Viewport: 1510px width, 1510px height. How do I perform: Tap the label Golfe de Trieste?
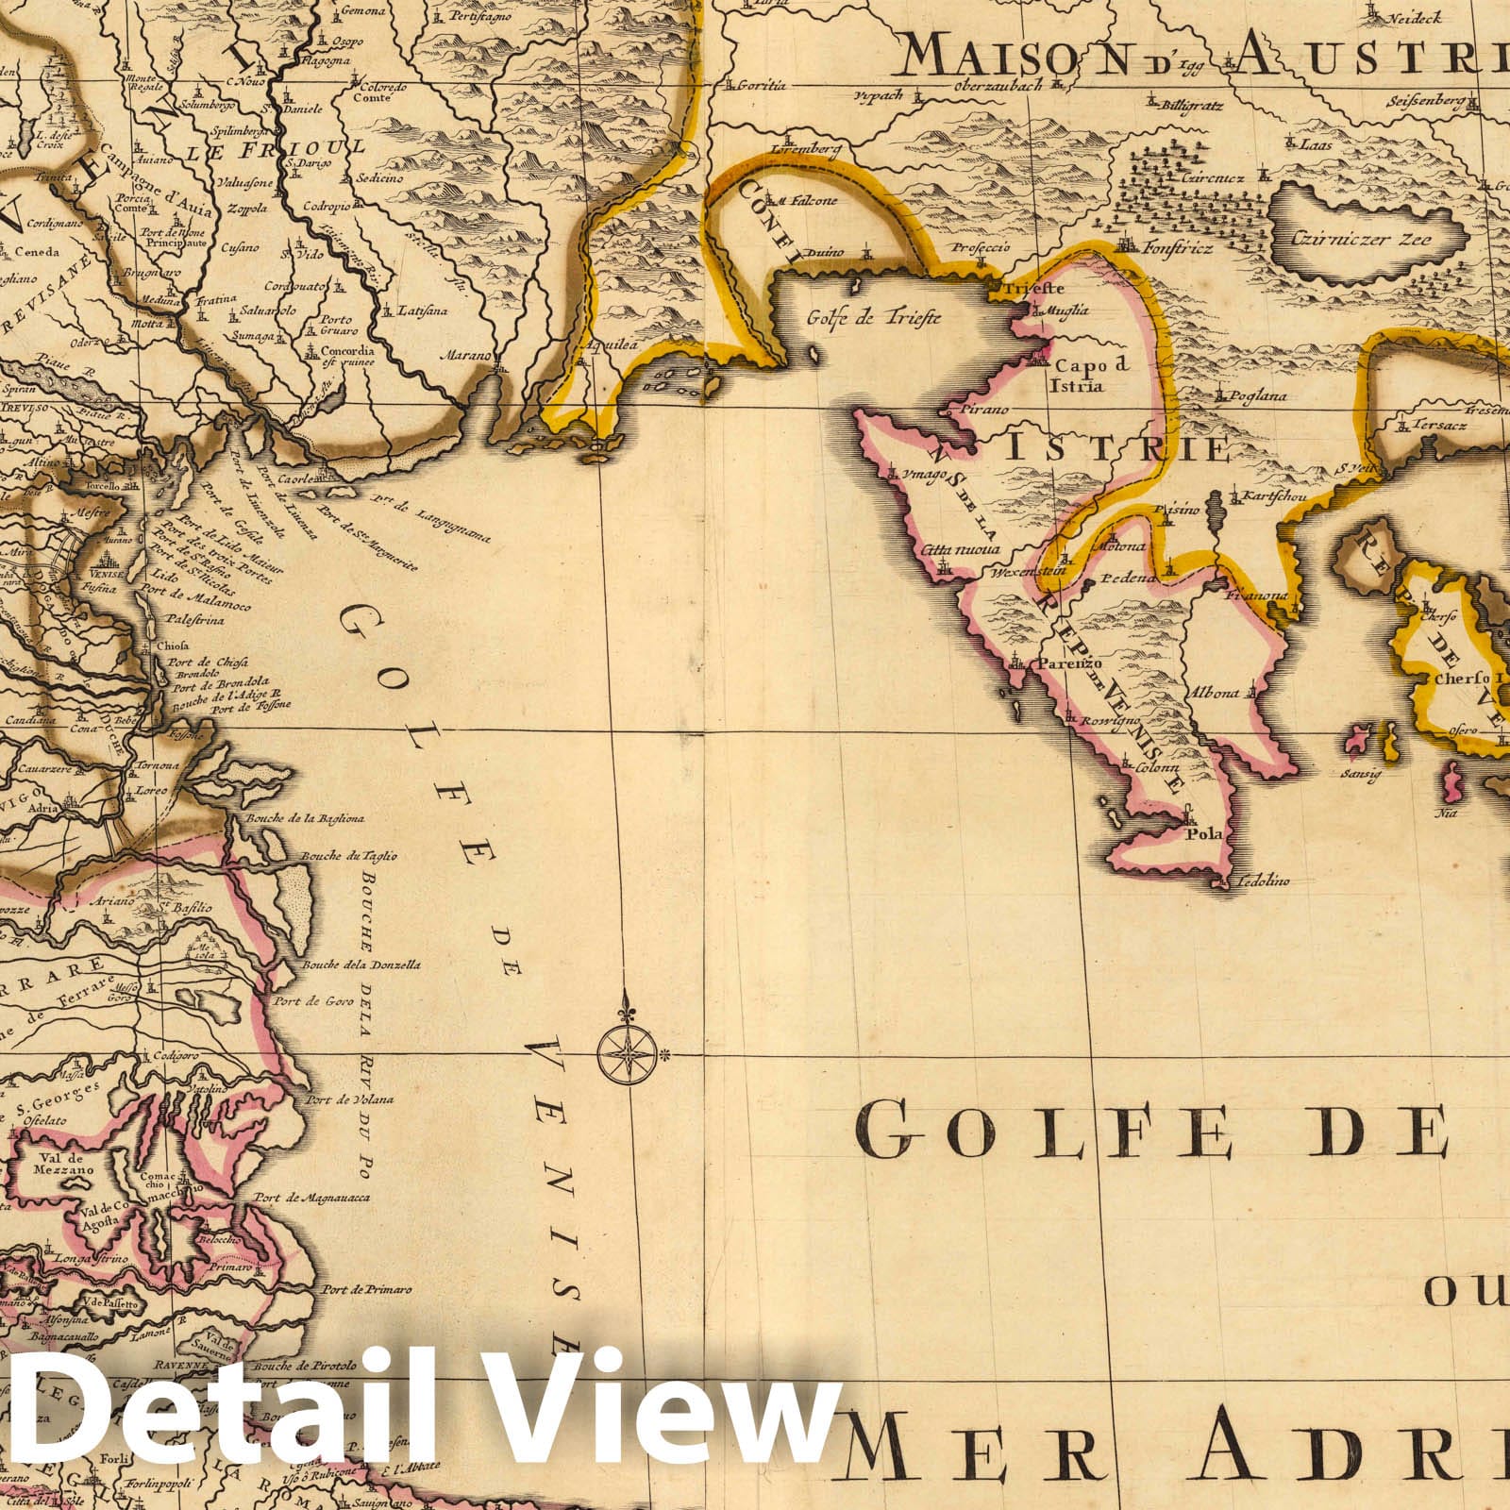(x=873, y=317)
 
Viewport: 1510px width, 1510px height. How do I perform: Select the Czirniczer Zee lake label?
(x=1351, y=239)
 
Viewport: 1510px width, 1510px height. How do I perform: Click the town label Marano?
(x=467, y=356)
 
